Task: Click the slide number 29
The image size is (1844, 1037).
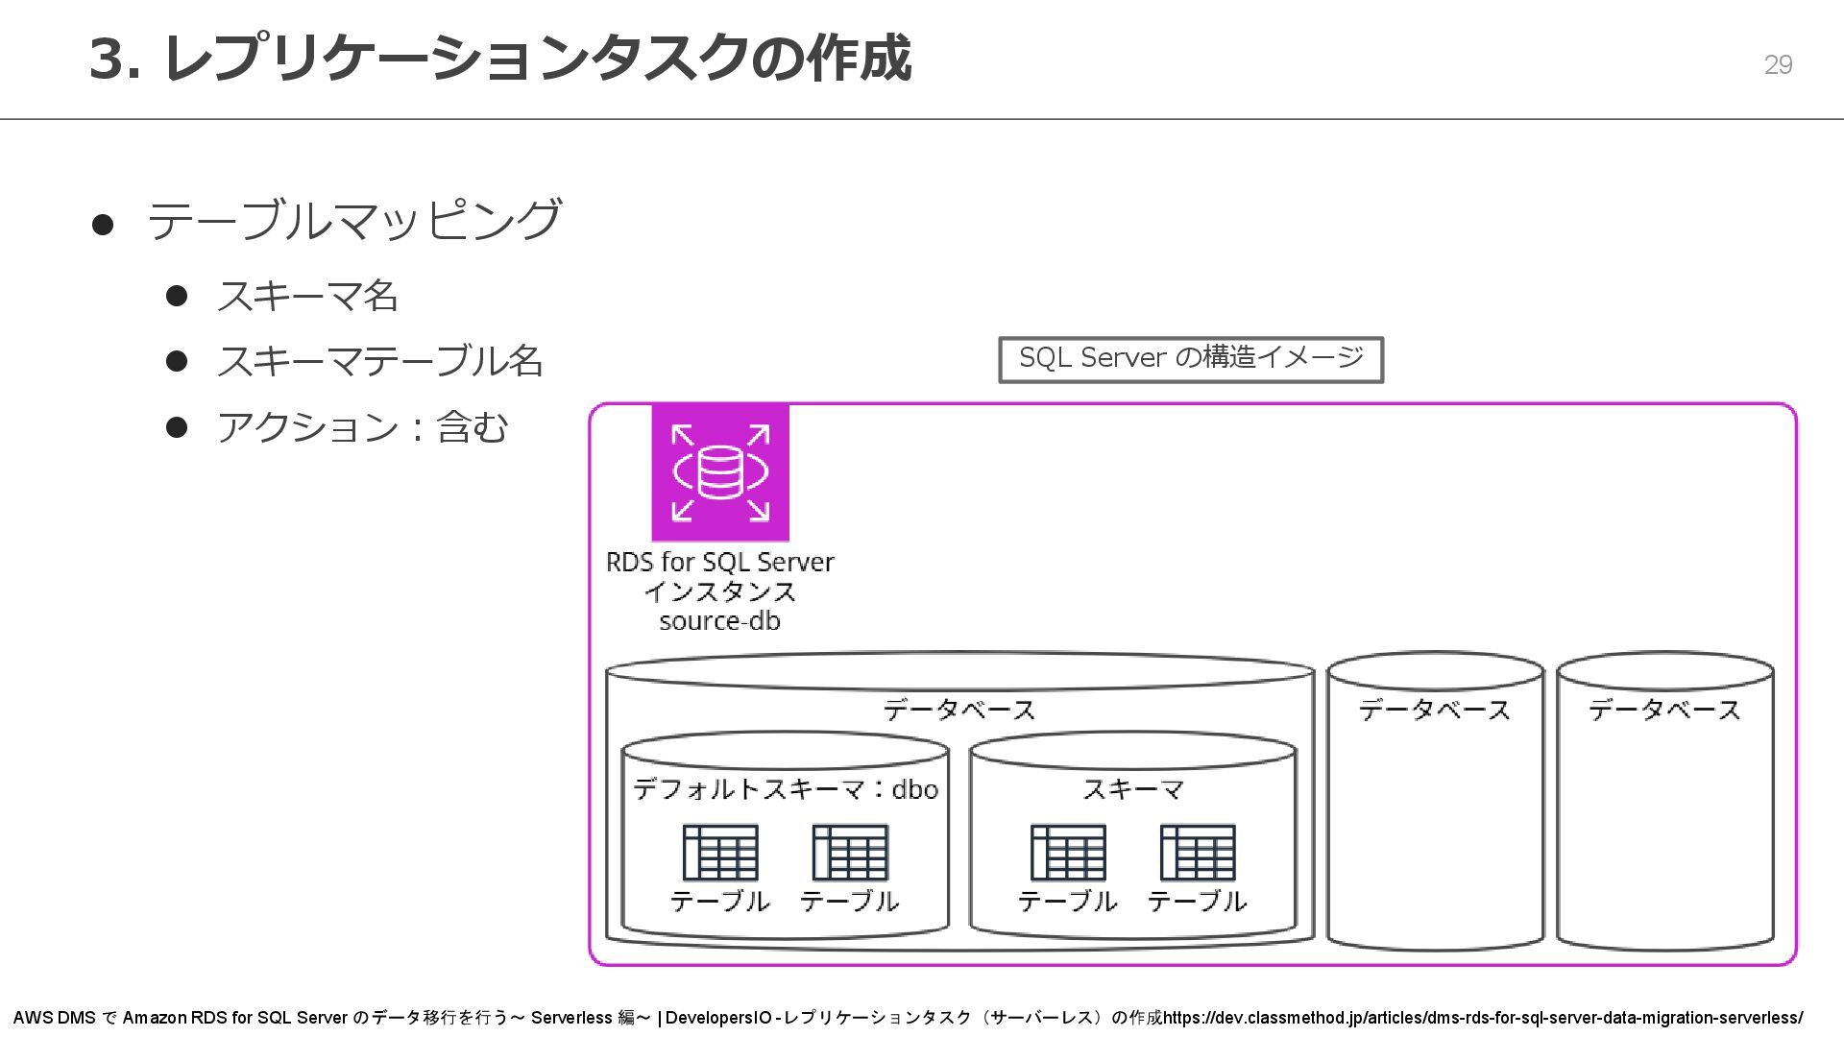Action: (x=1778, y=64)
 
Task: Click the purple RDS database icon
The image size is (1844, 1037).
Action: (x=720, y=472)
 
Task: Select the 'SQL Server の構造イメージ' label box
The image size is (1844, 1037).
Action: (x=1191, y=359)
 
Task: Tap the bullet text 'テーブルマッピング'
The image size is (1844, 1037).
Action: (x=353, y=221)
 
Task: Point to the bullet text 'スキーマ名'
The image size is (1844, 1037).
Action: (x=307, y=296)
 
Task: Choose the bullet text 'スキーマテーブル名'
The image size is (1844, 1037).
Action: (x=380, y=361)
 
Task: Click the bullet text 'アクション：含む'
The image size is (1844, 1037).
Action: (x=362, y=427)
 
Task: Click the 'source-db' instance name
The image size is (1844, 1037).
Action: (x=719, y=621)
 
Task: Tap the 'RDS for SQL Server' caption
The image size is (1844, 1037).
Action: (x=719, y=562)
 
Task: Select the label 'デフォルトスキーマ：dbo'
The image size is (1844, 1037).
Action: (x=785, y=789)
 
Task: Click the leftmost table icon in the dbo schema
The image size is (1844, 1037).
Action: (x=720, y=853)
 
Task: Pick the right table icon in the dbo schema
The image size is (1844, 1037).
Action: (x=850, y=853)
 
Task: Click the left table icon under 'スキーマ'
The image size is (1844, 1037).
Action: (x=1068, y=853)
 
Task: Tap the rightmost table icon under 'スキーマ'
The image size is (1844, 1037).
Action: (x=1198, y=853)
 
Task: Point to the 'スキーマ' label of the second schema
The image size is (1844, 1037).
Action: (x=1133, y=789)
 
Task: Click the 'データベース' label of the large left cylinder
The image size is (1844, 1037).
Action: (x=958, y=711)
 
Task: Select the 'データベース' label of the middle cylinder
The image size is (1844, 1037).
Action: (x=1435, y=711)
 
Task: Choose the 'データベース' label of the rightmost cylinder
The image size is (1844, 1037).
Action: (x=1664, y=711)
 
